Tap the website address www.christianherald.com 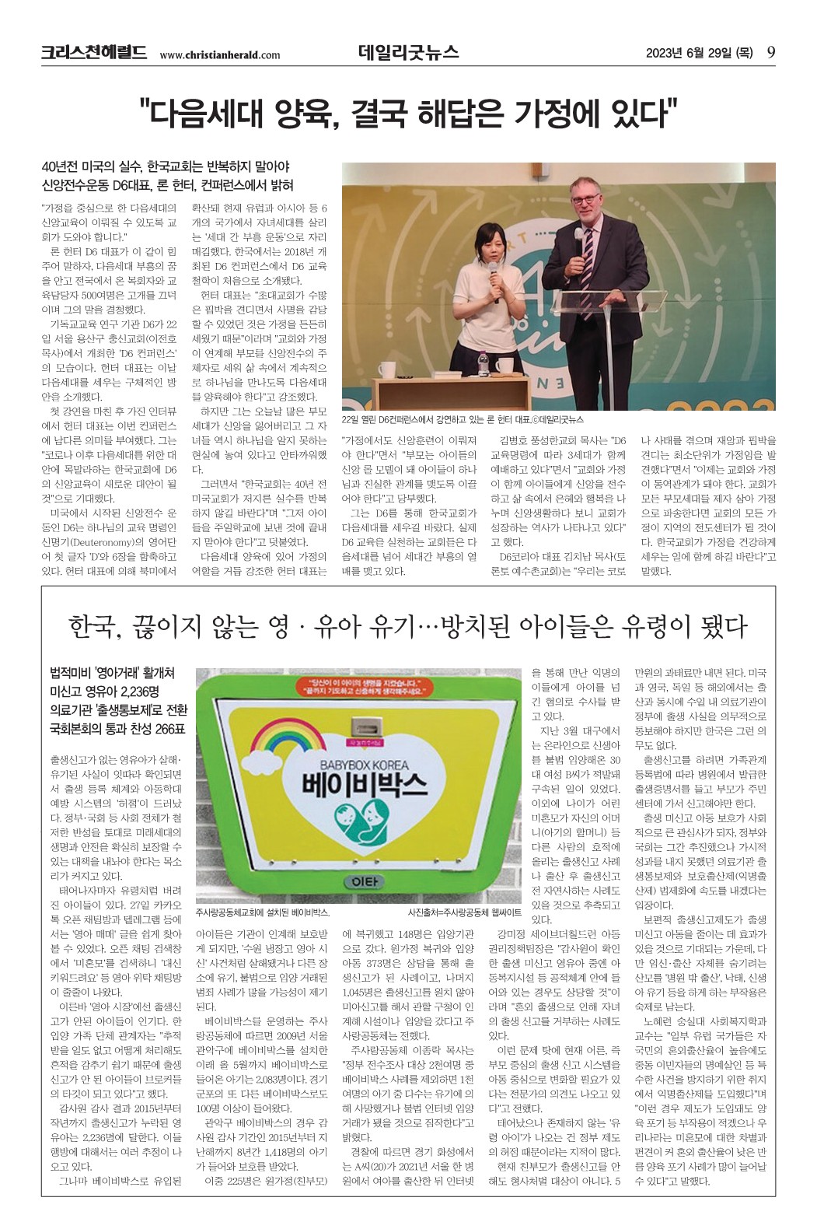(220, 54)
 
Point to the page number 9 (770, 52)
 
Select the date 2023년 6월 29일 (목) (700, 53)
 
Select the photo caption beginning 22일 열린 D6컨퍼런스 (462, 419)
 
